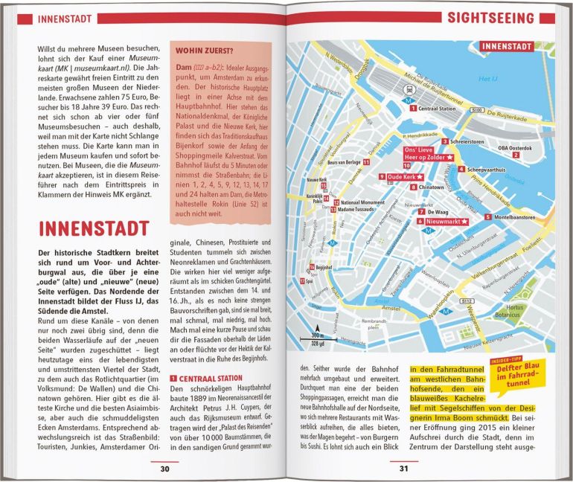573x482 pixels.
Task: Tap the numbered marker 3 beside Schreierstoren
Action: click(445, 141)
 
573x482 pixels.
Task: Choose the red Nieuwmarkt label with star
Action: click(446, 222)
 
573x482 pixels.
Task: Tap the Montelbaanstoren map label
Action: click(515, 217)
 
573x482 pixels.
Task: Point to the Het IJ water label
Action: click(487, 79)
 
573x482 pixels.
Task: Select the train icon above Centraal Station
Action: click(409, 87)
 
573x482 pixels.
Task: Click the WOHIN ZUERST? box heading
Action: click(205, 51)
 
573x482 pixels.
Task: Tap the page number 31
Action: click(403, 468)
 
